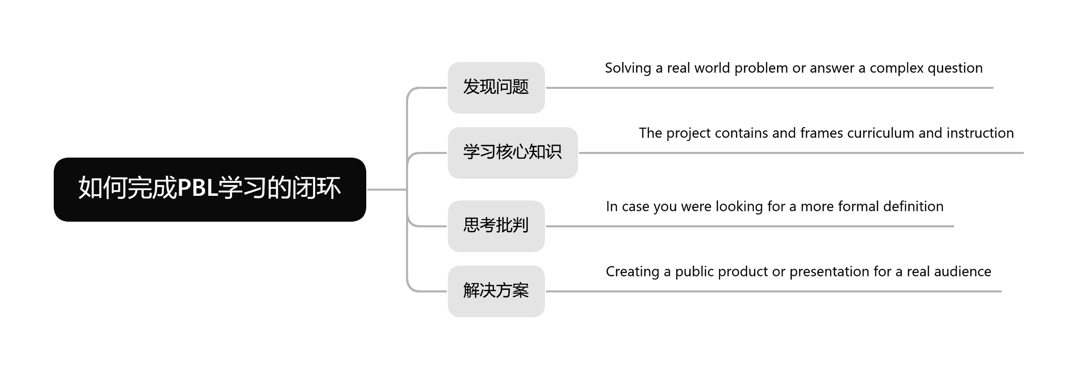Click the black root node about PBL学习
click(x=210, y=189)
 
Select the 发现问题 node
click(x=496, y=87)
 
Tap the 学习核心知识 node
click(x=512, y=152)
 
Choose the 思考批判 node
click(x=496, y=226)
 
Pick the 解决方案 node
click(x=496, y=291)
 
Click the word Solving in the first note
click(x=628, y=68)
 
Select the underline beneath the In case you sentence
click(x=749, y=226)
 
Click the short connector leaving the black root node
click(x=386, y=190)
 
